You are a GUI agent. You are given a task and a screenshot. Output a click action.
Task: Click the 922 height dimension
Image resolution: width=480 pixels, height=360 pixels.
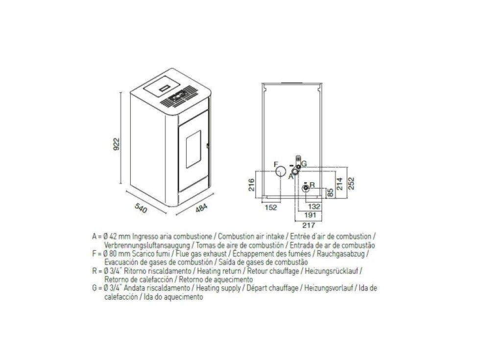117,144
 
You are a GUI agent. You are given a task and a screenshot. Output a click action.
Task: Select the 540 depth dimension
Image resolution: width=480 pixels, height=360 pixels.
141,208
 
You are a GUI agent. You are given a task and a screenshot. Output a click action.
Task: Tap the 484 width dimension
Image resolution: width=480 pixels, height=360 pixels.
201,208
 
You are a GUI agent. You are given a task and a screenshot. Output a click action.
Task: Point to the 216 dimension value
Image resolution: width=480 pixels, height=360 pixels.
251,185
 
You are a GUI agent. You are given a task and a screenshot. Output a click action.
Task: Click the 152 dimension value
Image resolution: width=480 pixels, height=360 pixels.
270,208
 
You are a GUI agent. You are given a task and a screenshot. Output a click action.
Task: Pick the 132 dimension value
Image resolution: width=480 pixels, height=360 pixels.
314,207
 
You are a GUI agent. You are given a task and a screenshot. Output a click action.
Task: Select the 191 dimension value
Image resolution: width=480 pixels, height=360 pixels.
310,215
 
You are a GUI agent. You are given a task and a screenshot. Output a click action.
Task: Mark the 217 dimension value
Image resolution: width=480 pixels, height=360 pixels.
309,225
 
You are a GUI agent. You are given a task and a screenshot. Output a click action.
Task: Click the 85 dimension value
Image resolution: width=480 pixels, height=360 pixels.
330,192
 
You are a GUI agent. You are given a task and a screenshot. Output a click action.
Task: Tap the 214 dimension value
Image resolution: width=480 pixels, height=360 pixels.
340,184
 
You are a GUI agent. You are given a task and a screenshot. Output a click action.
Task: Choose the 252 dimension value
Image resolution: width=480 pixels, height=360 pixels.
351,184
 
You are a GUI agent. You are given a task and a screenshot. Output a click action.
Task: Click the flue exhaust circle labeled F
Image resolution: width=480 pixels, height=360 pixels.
281,171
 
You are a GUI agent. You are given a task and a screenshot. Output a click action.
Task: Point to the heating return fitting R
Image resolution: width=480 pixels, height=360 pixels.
306,188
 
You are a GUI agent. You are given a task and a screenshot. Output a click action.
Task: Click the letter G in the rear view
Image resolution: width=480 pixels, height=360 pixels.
304,164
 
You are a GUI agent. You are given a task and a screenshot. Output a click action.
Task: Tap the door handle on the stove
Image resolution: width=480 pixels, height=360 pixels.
208,146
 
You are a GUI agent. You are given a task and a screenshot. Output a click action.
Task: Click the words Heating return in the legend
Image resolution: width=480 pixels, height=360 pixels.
219,271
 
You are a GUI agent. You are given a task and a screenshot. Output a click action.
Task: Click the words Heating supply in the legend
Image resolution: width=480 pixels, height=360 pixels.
218,288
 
